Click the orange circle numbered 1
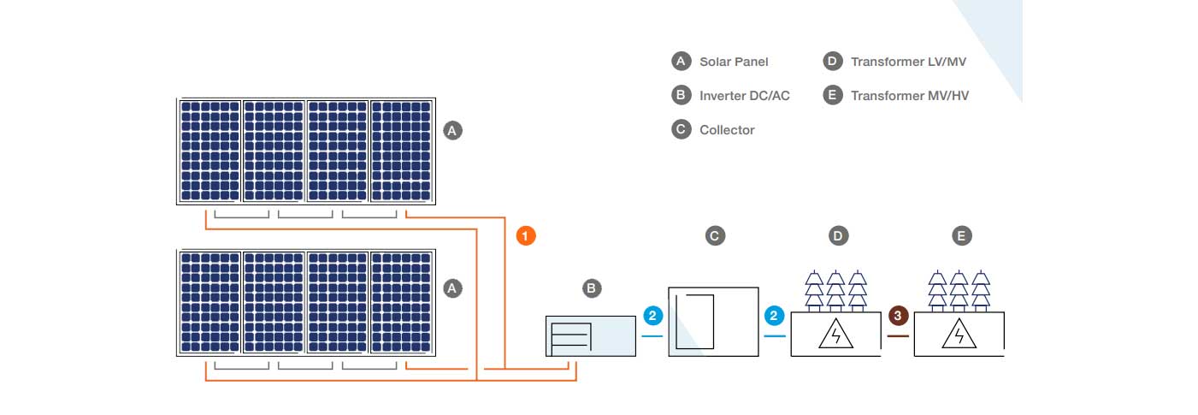(x=527, y=234)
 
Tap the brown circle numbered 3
(x=897, y=316)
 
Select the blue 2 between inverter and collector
(x=652, y=316)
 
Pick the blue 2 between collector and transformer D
(x=774, y=316)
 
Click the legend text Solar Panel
(x=734, y=62)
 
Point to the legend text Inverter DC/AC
(x=744, y=96)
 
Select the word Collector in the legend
(x=727, y=130)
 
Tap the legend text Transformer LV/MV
(x=908, y=62)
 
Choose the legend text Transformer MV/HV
(x=910, y=96)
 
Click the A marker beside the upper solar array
(x=453, y=131)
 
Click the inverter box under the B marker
(x=592, y=336)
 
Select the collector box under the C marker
(x=714, y=322)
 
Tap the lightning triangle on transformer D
(x=835, y=335)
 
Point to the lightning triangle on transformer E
(x=959, y=335)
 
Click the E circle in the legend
(x=832, y=96)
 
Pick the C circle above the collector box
(x=715, y=234)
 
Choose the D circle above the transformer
(x=838, y=234)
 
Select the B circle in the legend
(x=681, y=96)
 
